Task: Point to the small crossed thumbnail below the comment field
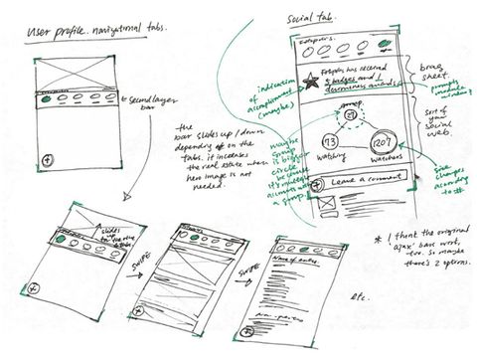[x=321, y=205]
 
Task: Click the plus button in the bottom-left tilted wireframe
[x=36, y=287]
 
